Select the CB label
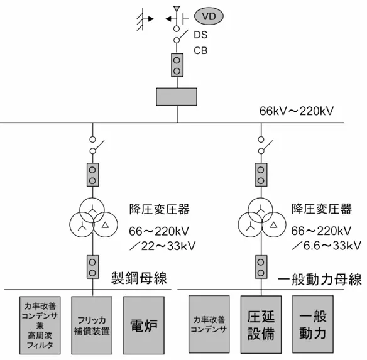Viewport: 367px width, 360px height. coord(200,50)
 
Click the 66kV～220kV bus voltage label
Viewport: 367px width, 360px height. coord(296,111)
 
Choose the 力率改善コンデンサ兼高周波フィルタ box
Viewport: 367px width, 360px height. coord(40,325)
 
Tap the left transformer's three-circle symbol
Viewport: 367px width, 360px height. coord(93,219)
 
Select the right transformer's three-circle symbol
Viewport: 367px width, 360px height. coord(261,219)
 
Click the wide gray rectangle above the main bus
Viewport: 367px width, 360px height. coord(177,97)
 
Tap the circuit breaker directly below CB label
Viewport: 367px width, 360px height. coord(177,65)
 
